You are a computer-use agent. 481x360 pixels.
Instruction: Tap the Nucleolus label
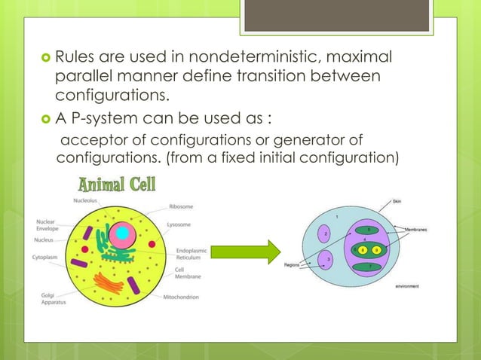pyautogui.click(x=85, y=200)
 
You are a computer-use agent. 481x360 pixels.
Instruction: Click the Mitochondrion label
pyautogui.click(x=181, y=297)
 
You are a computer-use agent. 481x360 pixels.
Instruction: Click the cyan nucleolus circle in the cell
pyautogui.click(x=121, y=233)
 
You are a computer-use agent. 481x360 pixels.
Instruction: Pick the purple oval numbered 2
pyautogui.click(x=325, y=234)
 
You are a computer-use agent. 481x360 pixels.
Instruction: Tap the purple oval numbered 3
pyautogui.click(x=329, y=260)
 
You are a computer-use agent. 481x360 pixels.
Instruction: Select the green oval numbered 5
pyautogui.click(x=368, y=230)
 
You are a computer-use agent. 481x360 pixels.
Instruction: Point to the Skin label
pyautogui.click(x=397, y=201)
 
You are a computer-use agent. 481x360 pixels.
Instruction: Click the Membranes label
pyautogui.click(x=417, y=228)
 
